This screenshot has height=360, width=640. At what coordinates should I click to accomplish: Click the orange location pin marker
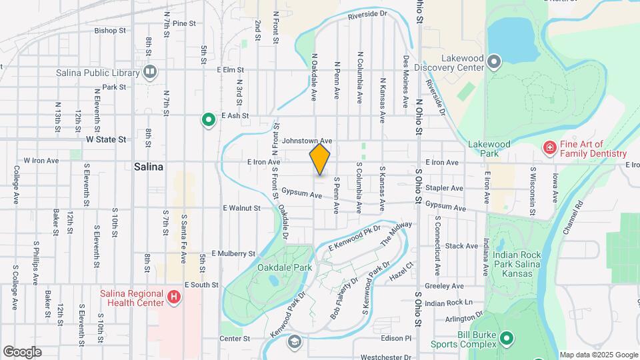click(x=320, y=159)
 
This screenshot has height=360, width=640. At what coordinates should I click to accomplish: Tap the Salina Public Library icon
click(x=150, y=71)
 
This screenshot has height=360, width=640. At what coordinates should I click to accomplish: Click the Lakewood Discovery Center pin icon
click(x=494, y=63)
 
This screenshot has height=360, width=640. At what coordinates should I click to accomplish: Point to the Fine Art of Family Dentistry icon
click(x=549, y=147)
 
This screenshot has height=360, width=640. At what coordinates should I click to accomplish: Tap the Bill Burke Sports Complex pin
click(x=506, y=339)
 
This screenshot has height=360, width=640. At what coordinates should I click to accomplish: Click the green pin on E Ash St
click(x=209, y=120)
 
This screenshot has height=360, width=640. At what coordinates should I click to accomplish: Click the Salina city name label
click(x=149, y=167)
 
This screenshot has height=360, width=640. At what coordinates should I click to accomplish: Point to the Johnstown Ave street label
click(x=307, y=141)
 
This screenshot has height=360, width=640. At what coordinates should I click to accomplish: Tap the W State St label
click(x=106, y=140)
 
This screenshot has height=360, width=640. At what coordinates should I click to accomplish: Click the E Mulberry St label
click(x=233, y=254)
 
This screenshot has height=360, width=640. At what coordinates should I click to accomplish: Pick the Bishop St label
click(x=110, y=31)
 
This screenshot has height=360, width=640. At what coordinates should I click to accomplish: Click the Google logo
click(x=23, y=351)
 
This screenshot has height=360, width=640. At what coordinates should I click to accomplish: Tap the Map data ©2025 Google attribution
click(x=598, y=355)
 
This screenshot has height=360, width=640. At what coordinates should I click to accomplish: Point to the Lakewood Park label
click(x=489, y=149)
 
